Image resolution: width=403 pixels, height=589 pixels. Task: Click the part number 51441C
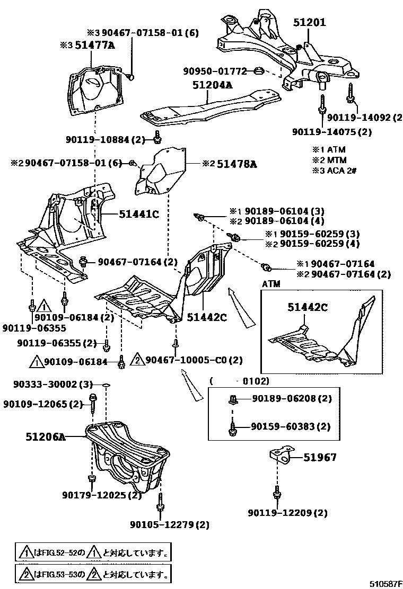tap(139, 214)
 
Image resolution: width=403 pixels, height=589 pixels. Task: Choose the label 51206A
tap(46, 437)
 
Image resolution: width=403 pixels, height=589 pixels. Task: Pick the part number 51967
tap(320, 457)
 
